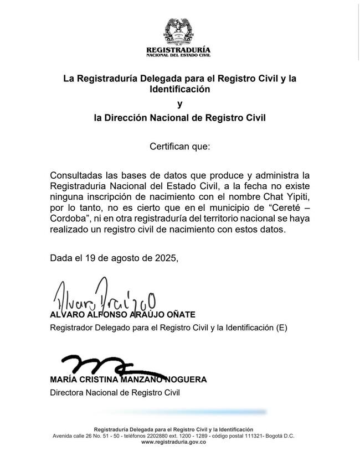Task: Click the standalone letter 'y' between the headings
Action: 179,103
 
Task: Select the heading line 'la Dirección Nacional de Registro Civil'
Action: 179,118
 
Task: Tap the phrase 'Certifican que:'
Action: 179,147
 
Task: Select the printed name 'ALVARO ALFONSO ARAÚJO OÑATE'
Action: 122,315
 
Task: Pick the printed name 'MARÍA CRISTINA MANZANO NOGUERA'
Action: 128,380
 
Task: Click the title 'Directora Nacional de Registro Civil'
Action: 115,393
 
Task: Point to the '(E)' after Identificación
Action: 281,328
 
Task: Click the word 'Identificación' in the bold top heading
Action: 179,89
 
